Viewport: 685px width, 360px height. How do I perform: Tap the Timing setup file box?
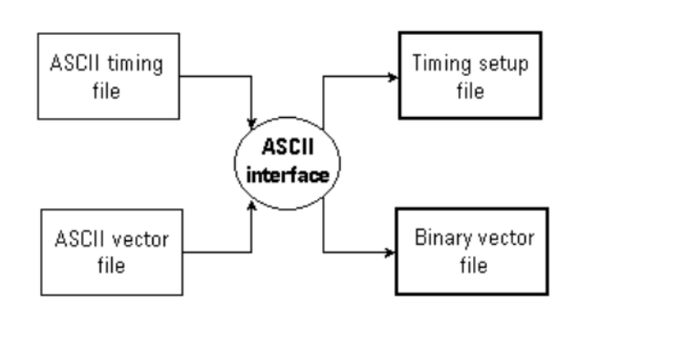468,75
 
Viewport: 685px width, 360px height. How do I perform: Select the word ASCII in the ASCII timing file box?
74,66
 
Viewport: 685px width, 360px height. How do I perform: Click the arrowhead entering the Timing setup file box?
392,75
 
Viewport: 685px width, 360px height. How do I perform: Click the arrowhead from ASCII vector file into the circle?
251,206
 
